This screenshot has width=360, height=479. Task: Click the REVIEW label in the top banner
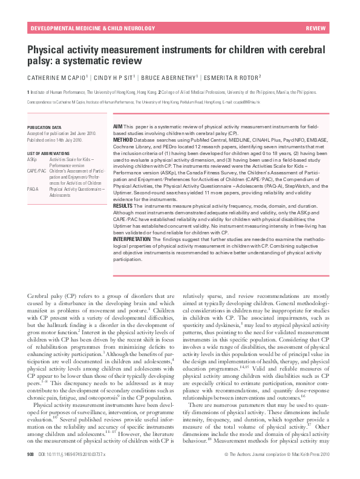click(x=316, y=29)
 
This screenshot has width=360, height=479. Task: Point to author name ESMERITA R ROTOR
click(x=231, y=78)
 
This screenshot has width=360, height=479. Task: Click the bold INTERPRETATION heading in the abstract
click(x=132, y=240)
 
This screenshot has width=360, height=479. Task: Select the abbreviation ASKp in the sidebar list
click(x=32, y=159)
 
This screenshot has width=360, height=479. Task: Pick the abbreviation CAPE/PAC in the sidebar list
click(x=36, y=172)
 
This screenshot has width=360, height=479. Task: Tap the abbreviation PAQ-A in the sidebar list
click(x=33, y=190)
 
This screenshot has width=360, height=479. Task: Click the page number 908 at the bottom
click(x=31, y=469)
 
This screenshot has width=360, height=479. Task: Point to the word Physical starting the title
click(x=46, y=49)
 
